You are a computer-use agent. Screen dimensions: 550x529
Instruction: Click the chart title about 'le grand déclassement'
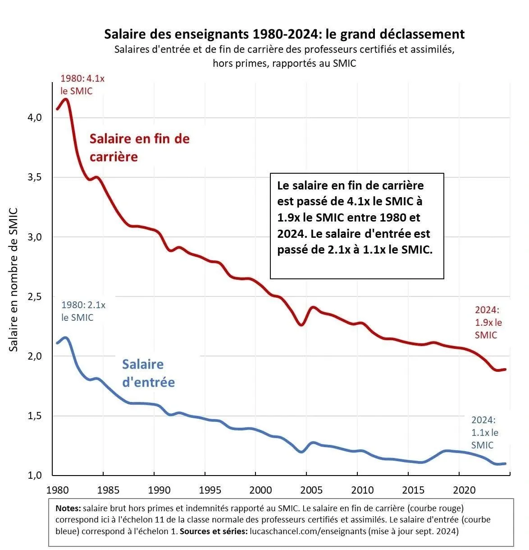(x=284, y=34)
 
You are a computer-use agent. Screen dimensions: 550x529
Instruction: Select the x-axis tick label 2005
(x=311, y=490)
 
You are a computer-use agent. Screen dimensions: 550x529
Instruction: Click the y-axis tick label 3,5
(x=34, y=177)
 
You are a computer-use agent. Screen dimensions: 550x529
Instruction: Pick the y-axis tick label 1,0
(x=34, y=475)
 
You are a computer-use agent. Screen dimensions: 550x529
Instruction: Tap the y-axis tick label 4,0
(x=34, y=117)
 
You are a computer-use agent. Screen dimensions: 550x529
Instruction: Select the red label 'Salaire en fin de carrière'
(x=139, y=148)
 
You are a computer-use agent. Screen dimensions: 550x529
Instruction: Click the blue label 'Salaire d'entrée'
(x=148, y=373)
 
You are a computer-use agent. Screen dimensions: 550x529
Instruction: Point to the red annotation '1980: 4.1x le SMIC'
(x=82, y=85)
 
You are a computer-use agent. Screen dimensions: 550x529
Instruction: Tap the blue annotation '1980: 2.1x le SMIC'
(x=83, y=311)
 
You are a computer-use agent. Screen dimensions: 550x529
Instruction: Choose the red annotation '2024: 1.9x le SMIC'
(x=488, y=322)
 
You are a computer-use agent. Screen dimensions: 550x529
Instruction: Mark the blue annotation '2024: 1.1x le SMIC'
(x=484, y=432)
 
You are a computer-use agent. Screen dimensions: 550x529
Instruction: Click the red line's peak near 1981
(x=66, y=99)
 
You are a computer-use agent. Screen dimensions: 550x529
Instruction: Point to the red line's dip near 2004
(x=301, y=324)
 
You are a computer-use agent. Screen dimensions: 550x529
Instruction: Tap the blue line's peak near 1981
(x=66, y=337)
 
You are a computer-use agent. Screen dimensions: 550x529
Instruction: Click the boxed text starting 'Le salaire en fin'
(x=356, y=217)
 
